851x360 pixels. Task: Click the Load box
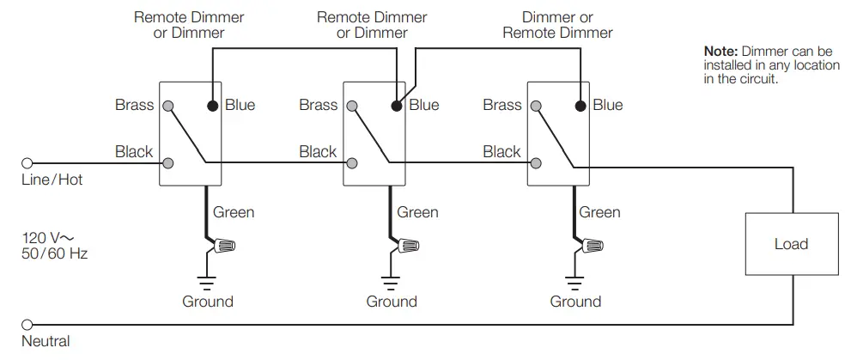pos(790,244)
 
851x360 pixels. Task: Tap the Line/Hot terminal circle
pos(27,162)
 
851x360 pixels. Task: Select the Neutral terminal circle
pos(27,326)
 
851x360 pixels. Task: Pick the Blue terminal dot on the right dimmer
pos(580,106)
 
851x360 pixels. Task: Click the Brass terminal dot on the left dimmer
pos(169,106)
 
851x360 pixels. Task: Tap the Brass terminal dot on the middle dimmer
pos(353,106)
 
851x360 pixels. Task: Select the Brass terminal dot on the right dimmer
pos(537,106)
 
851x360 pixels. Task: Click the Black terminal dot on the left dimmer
pos(169,162)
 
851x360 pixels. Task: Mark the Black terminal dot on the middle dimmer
pos(353,162)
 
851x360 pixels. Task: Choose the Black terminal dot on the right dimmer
pos(537,162)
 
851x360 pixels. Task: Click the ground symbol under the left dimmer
pos(207,281)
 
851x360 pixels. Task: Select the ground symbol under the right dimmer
pos(575,281)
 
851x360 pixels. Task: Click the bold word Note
pos(720,52)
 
